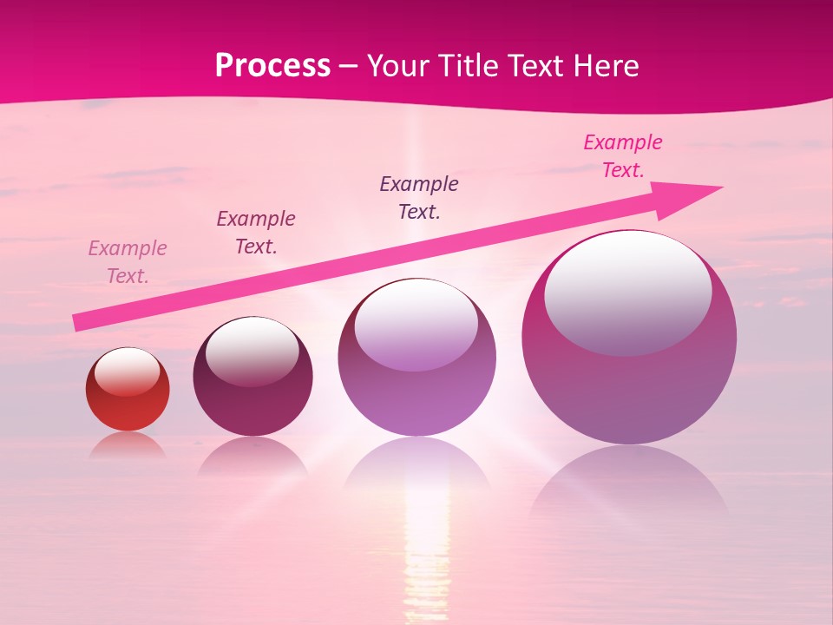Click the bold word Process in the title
[x=272, y=66]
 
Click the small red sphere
[x=128, y=399]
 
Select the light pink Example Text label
[x=128, y=262]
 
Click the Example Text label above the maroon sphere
[x=256, y=233]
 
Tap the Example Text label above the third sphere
[x=419, y=198]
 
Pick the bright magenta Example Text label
[x=623, y=156]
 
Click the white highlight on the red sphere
[x=128, y=372]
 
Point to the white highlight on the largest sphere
[x=627, y=291]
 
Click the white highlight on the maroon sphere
[x=252, y=349]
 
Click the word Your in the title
[x=397, y=66]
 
